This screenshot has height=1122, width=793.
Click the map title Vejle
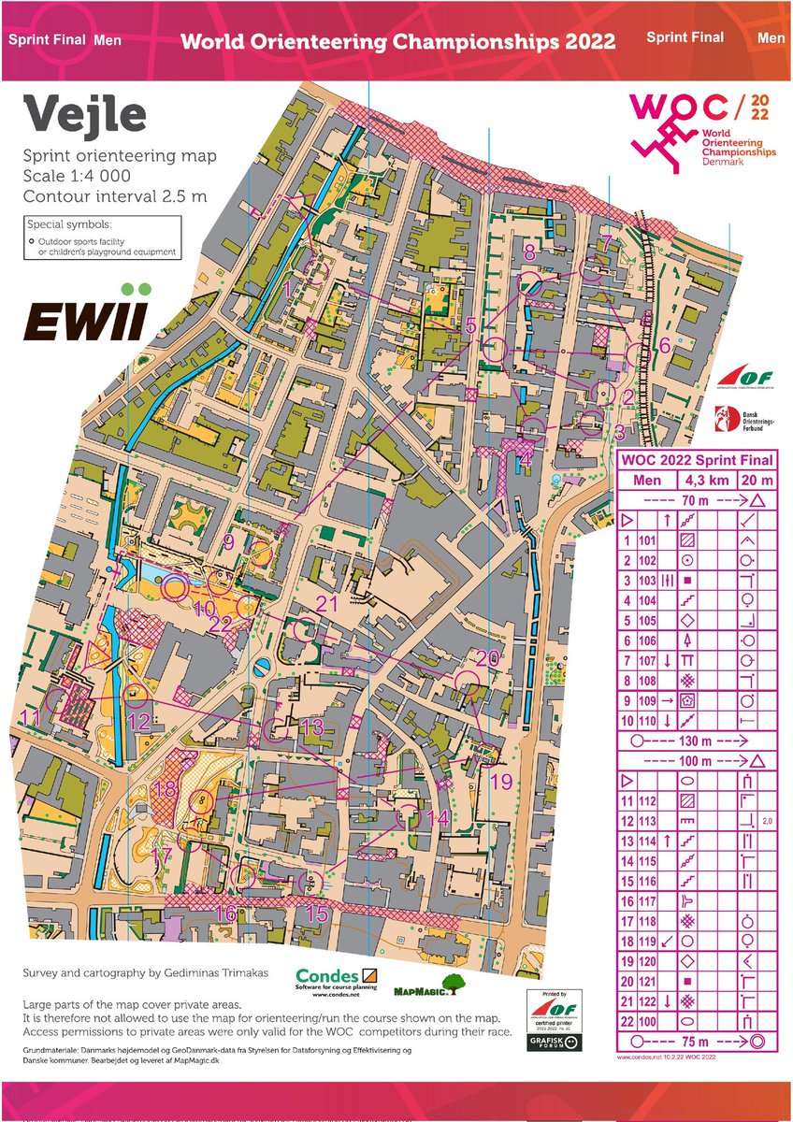pos(85,115)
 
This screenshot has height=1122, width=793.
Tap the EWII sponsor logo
pos(85,313)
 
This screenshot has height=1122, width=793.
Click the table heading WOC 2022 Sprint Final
pos(696,460)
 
